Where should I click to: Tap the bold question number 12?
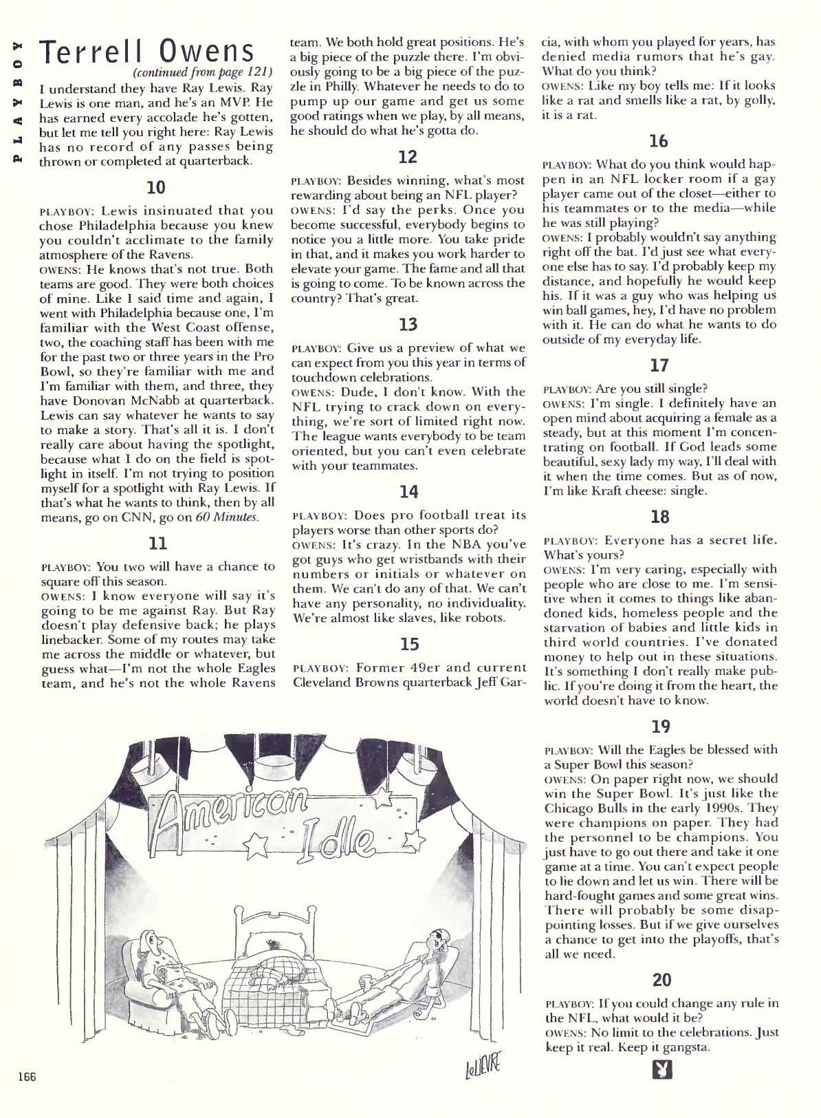point(408,158)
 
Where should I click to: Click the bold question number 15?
point(408,645)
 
